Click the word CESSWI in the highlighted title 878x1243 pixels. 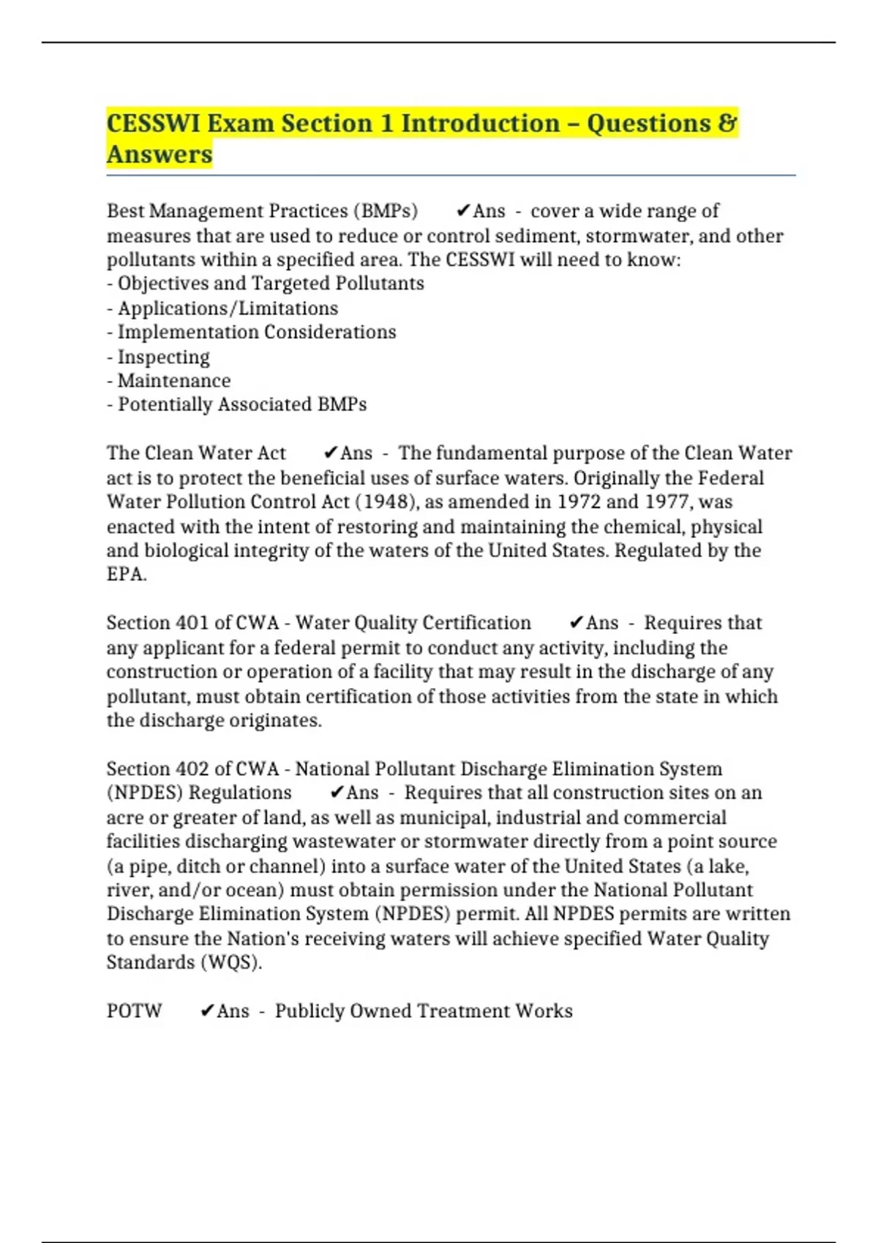pyautogui.click(x=153, y=123)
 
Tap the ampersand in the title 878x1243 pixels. pyautogui.click(x=727, y=123)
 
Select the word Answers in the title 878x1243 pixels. pyautogui.click(x=160, y=154)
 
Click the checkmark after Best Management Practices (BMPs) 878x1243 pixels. pyautogui.click(x=462, y=211)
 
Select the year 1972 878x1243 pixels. pyautogui.click(x=579, y=502)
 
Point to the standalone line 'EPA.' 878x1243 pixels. pyautogui.click(x=127, y=575)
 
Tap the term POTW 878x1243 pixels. pyautogui.click(x=134, y=1011)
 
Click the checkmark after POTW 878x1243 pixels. pyautogui.click(x=207, y=1011)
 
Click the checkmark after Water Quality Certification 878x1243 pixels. pyautogui.click(x=576, y=623)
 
